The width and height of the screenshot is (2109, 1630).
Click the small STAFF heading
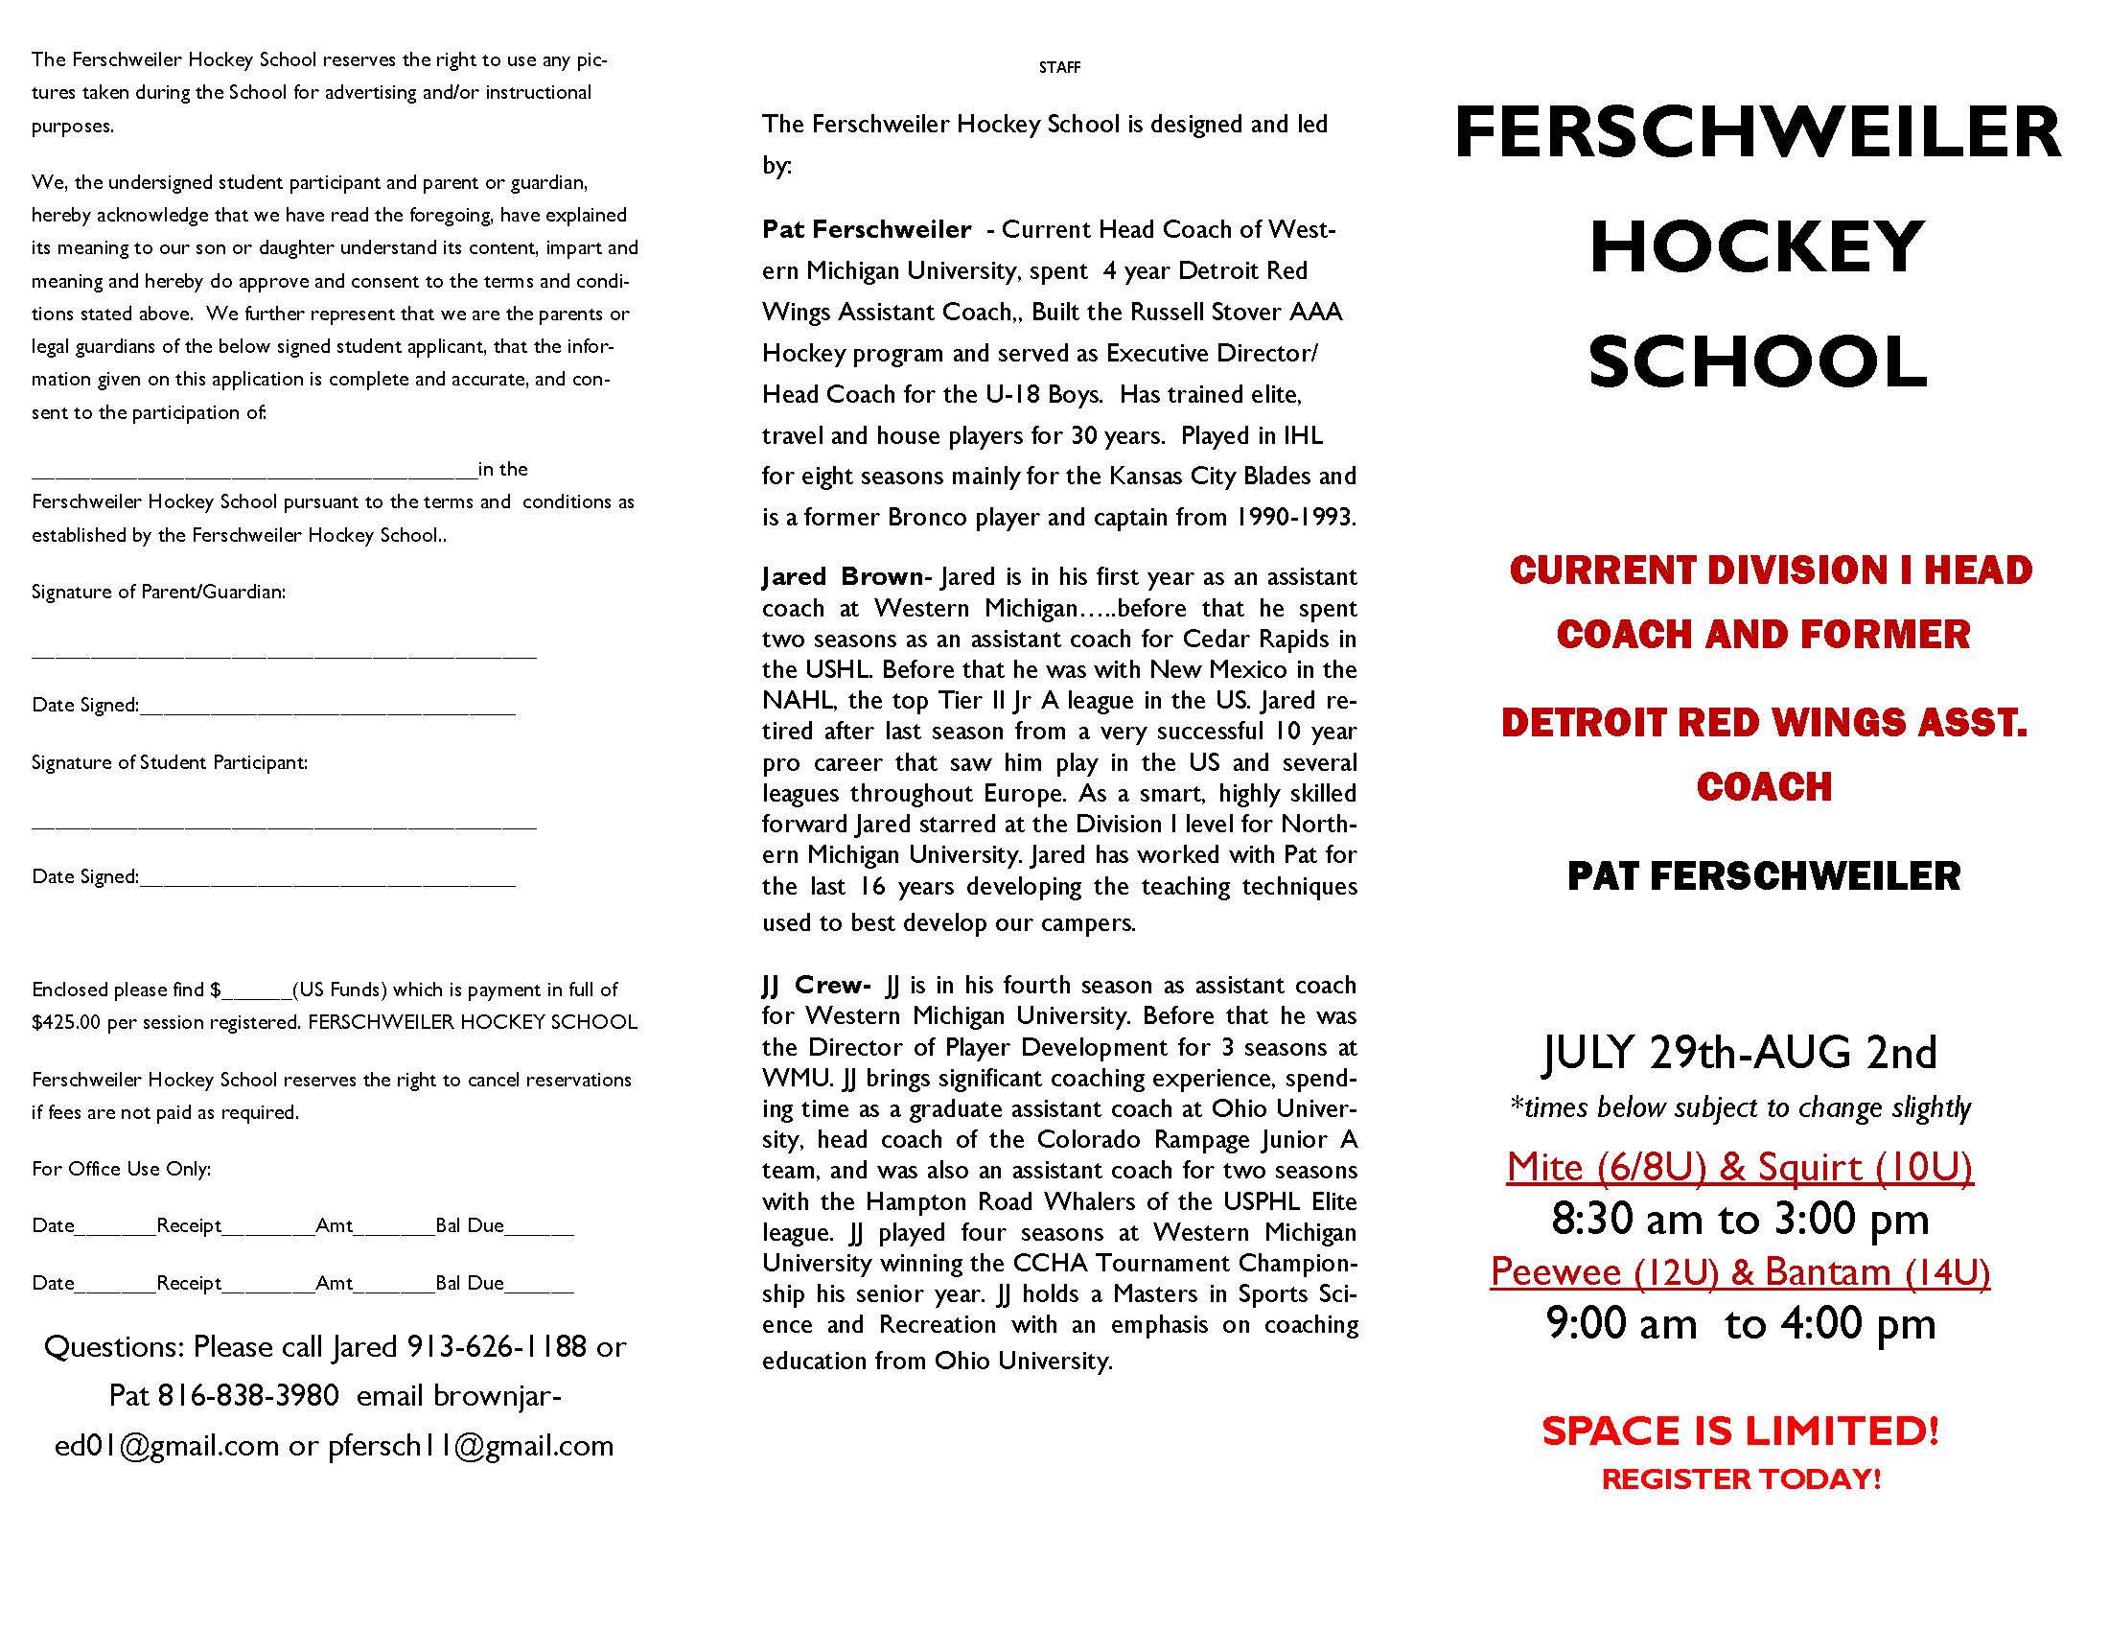click(x=1059, y=67)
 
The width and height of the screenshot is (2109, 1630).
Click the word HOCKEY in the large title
click(x=1756, y=246)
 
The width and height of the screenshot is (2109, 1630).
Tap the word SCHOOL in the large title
click(x=1757, y=362)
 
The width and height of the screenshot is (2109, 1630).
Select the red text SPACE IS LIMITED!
click(x=1740, y=1432)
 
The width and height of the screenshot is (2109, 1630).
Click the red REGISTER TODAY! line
click(x=1741, y=1479)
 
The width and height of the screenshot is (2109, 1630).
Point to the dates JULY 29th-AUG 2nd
click(x=1740, y=1053)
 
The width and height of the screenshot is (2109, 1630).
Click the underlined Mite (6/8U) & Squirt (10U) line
click(x=1739, y=1168)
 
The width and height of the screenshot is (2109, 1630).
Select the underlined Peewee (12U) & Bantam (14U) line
click(x=1740, y=1271)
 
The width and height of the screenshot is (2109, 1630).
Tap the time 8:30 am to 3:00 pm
click(x=1740, y=1220)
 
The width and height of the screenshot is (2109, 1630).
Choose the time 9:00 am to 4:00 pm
click(x=1740, y=1324)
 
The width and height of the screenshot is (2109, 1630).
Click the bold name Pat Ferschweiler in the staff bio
click(x=867, y=230)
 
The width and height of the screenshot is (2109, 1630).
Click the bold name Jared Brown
click(x=842, y=576)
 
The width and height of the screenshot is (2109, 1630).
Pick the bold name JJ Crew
click(x=815, y=985)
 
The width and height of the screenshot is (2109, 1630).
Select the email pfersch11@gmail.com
click(x=472, y=1446)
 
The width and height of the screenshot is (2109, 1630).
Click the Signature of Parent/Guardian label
click(x=158, y=592)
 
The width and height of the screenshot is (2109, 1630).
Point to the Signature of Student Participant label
click(x=170, y=763)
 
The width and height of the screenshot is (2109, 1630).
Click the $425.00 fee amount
click(x=65, y=1023)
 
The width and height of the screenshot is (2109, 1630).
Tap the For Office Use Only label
click(x=122, y=1170)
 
